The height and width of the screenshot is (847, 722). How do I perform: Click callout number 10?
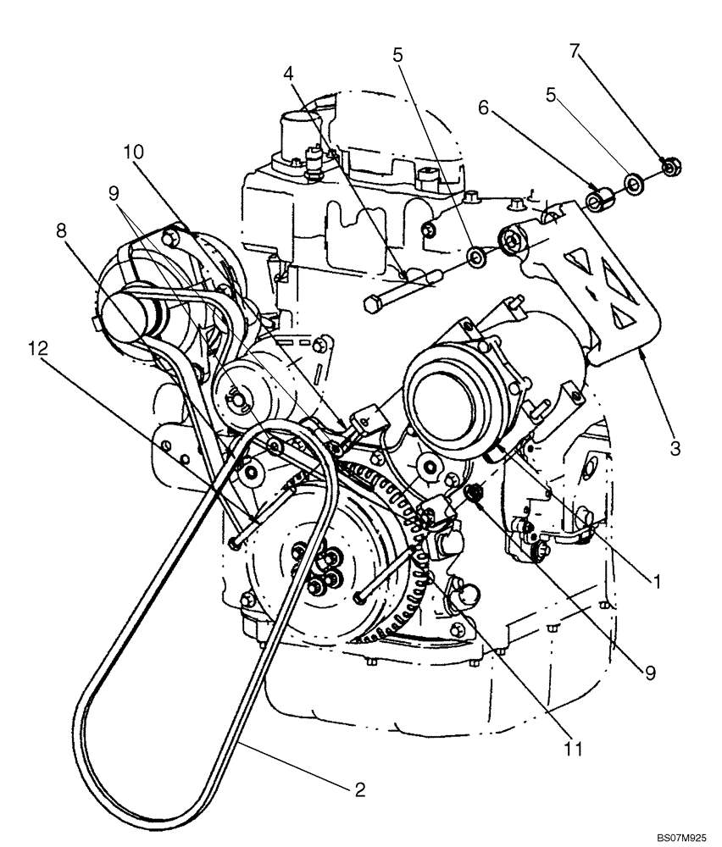tap(134, 152)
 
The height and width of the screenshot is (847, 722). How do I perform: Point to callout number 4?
tap(290, 75)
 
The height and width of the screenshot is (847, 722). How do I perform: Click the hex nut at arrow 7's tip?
tap(669, 168)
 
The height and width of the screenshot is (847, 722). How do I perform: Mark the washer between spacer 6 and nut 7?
tap(633, 184)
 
